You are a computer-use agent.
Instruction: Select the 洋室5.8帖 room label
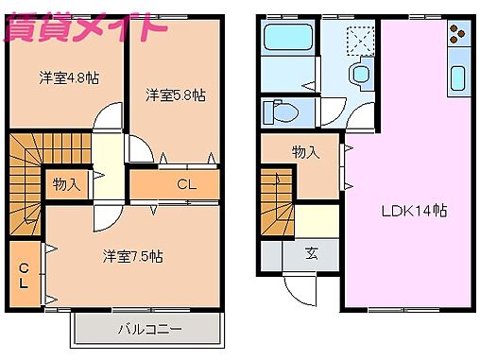[x=175, y=94]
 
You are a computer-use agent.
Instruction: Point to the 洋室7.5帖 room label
[x=133, y=255]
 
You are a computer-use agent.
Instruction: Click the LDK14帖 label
[x=413, y=210]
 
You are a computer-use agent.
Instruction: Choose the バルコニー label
[x=148, y=329]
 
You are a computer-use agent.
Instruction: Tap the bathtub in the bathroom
[x=289, y=41]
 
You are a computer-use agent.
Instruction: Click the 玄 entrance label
[x=311, y=253]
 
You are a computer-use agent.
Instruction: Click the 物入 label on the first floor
[x=304, y=152]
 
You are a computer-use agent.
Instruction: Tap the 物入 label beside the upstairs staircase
[x=65, y=184]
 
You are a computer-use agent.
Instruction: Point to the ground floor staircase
[x=279, y=204]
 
